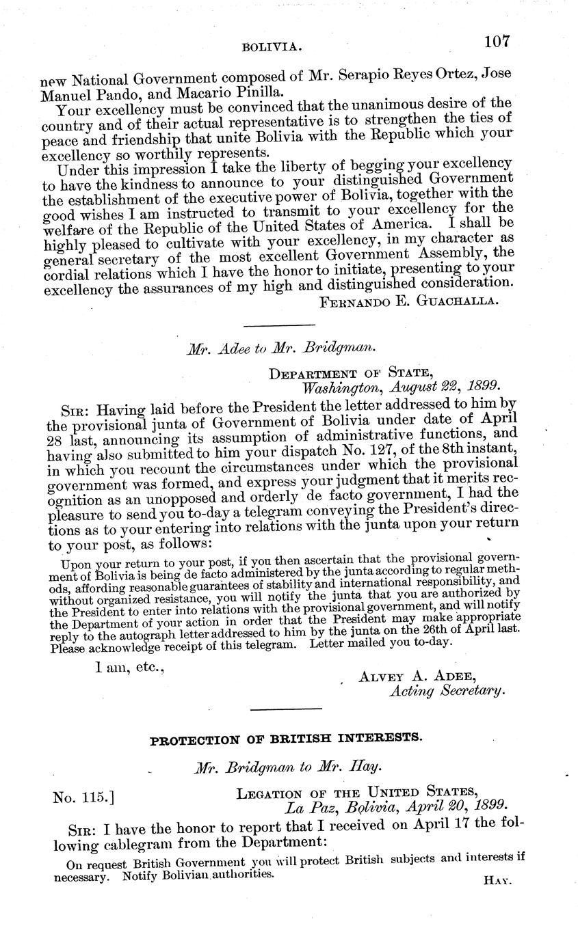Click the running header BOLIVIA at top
tap(272, 46)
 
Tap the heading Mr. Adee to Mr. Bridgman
tap(281, 347)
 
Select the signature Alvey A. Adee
tap(417, 676)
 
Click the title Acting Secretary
tap(447, 692)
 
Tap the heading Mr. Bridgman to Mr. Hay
tap(281, 768)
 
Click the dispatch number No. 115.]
tap(83, 796)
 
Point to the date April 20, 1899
tap(451, 808)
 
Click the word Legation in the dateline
tap(267, 794)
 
